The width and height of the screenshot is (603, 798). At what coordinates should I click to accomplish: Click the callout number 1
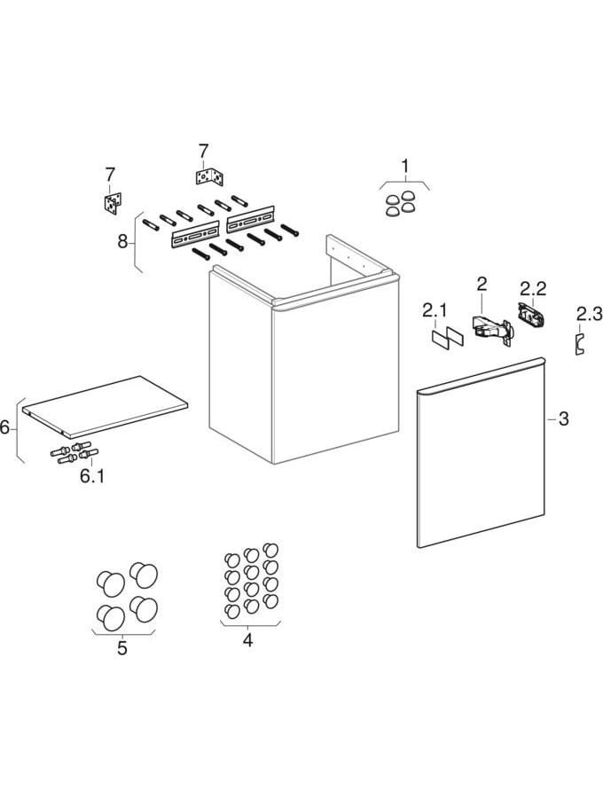[404, 166]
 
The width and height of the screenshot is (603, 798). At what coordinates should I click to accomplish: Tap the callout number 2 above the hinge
[482, 284]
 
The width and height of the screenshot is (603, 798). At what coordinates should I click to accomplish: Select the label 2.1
[434, 310]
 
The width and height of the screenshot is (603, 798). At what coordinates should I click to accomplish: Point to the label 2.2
[533, 289]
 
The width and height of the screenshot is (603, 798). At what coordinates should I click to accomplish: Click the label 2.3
[590, 314]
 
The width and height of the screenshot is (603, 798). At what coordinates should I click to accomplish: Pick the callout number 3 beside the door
[563, 419]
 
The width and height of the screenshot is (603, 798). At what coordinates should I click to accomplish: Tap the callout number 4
[247, 639]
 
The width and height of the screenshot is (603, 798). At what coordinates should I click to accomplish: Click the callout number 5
[122, 648]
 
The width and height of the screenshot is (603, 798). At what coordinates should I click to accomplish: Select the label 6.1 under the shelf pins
[92, 477]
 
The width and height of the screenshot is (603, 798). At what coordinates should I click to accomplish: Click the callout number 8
[122, 241]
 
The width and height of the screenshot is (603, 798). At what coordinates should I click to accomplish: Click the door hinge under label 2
[491, 331]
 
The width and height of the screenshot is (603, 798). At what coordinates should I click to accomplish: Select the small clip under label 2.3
[579, 343]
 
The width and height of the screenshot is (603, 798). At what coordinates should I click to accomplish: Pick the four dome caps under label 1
[400, 204]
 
